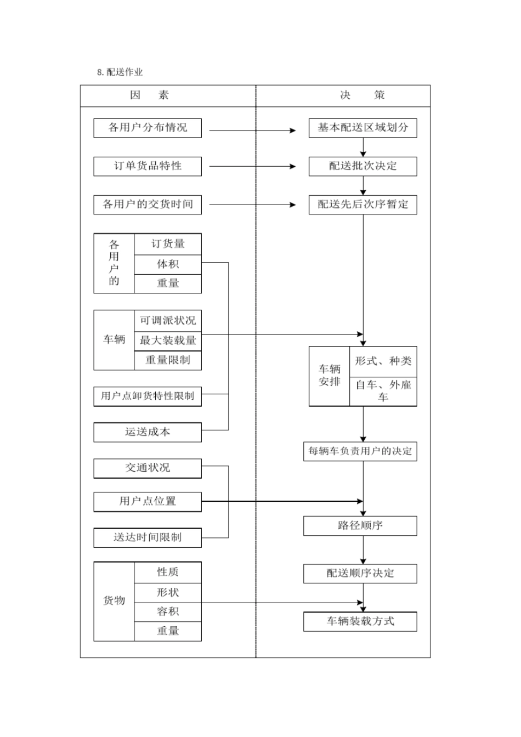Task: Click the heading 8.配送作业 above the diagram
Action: click(x=120, y=72)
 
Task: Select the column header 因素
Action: click(x=149, y=95)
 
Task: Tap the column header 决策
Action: click(x=362, y=95)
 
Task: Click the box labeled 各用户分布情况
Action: click(x=148, y=128)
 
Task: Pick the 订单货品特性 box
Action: click(x=148, y=166)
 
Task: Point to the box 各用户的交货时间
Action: click(x=148, y=205)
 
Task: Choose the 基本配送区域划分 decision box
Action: click(x=363, y=128)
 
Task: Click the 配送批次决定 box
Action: click(x=363, y=166)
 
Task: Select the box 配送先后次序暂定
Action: click(x=363, y=205)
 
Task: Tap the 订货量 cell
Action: click(x=168, y=244)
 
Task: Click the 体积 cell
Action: click(x=168, y=264)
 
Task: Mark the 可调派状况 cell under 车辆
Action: click(x=168, y=321)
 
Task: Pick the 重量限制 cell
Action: click(x=168, y=360)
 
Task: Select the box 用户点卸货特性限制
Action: click(x=148, y=396)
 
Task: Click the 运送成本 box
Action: click(x=148, y=432)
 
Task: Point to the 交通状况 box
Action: click(x=148, y=468)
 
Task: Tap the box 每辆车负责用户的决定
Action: click(x=360, y=451)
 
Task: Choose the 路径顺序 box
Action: click(x=360, y=526)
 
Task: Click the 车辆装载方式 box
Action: click(x=360, y=621)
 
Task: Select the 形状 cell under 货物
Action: click(x=168, y=593)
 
